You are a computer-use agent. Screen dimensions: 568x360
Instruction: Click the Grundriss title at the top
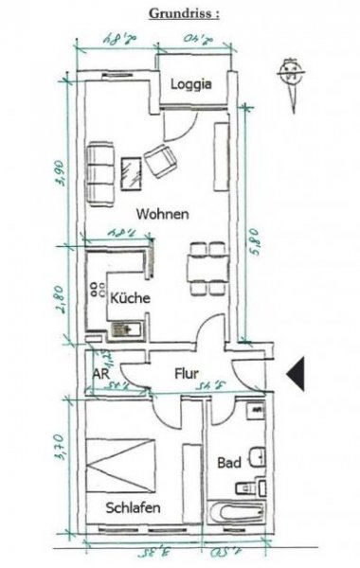coord(186,14)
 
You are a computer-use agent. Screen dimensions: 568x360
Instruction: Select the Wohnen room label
coord(161,214)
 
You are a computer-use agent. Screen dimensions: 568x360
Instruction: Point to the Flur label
coord(185,374)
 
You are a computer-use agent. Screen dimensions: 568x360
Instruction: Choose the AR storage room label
coord(100,373)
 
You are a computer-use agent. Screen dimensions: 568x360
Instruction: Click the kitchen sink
coord(125,328)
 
